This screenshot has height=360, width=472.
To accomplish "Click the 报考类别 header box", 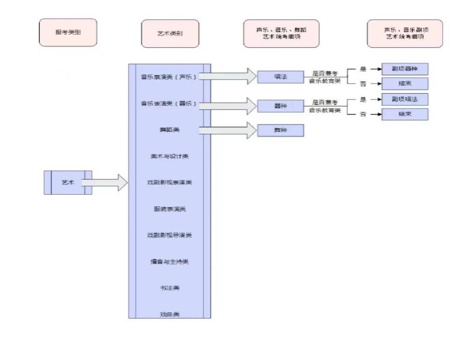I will pos(68,33).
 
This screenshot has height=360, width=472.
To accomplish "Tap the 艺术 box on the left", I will pos(68,183).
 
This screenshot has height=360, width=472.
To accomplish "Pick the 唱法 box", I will pos(280,76).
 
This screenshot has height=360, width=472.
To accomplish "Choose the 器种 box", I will pos(280,106).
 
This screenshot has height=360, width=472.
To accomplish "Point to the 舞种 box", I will pos(280,130).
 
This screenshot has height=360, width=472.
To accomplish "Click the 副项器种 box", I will pos(405,69).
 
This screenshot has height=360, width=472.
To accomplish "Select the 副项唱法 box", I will pos(405,99).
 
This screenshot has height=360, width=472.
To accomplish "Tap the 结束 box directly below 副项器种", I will pos(405,84).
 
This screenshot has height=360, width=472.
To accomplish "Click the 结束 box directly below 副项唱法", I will pos(405,114).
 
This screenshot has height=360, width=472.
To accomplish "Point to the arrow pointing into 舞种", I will pos(229,130).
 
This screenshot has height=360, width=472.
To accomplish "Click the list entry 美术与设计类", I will pos(170,156).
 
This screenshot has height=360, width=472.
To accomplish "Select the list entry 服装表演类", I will pos(170,209).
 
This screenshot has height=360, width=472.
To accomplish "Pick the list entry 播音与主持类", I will pos(170,261).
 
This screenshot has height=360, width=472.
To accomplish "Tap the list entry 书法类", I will pos(170,288).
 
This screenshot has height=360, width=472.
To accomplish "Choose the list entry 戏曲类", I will pos(170,314).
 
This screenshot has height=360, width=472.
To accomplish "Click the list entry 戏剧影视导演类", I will pos(170,235).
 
